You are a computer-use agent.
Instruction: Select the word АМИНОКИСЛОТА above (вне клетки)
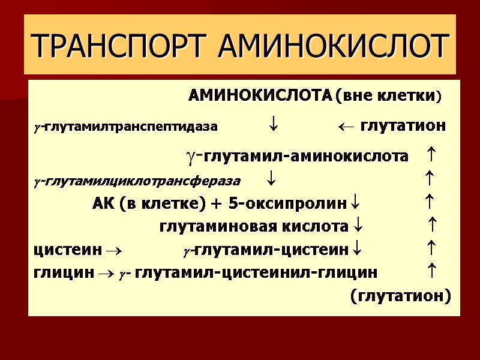click(260, 96)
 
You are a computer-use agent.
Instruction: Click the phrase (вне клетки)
click(388, 96)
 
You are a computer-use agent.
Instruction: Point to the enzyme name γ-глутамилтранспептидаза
click(126, 127)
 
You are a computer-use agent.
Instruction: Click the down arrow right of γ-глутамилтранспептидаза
click(274, 127)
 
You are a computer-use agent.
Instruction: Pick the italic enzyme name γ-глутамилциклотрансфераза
click(137, 181)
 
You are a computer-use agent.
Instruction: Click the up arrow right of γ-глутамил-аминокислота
click(430, 157)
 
